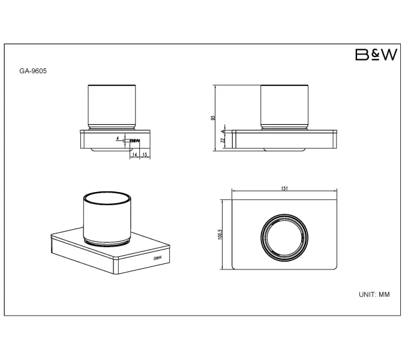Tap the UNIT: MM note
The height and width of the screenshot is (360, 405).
pyautogui.click(x=374, y=295)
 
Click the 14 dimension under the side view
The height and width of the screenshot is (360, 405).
pyautogui.click(x=134, y=155)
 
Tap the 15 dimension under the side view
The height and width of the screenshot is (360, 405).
pyautogui.click(x=145, y=155)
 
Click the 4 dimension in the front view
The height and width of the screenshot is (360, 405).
pyautogui.click(x=223, y=131)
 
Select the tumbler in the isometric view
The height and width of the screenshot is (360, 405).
pyautogui.click(x=107, y=219)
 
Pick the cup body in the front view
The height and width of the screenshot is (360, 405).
pyautogui.click(x=284, y=104)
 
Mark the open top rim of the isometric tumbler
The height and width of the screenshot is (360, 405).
pyautogui.click(x=107, y=199)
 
